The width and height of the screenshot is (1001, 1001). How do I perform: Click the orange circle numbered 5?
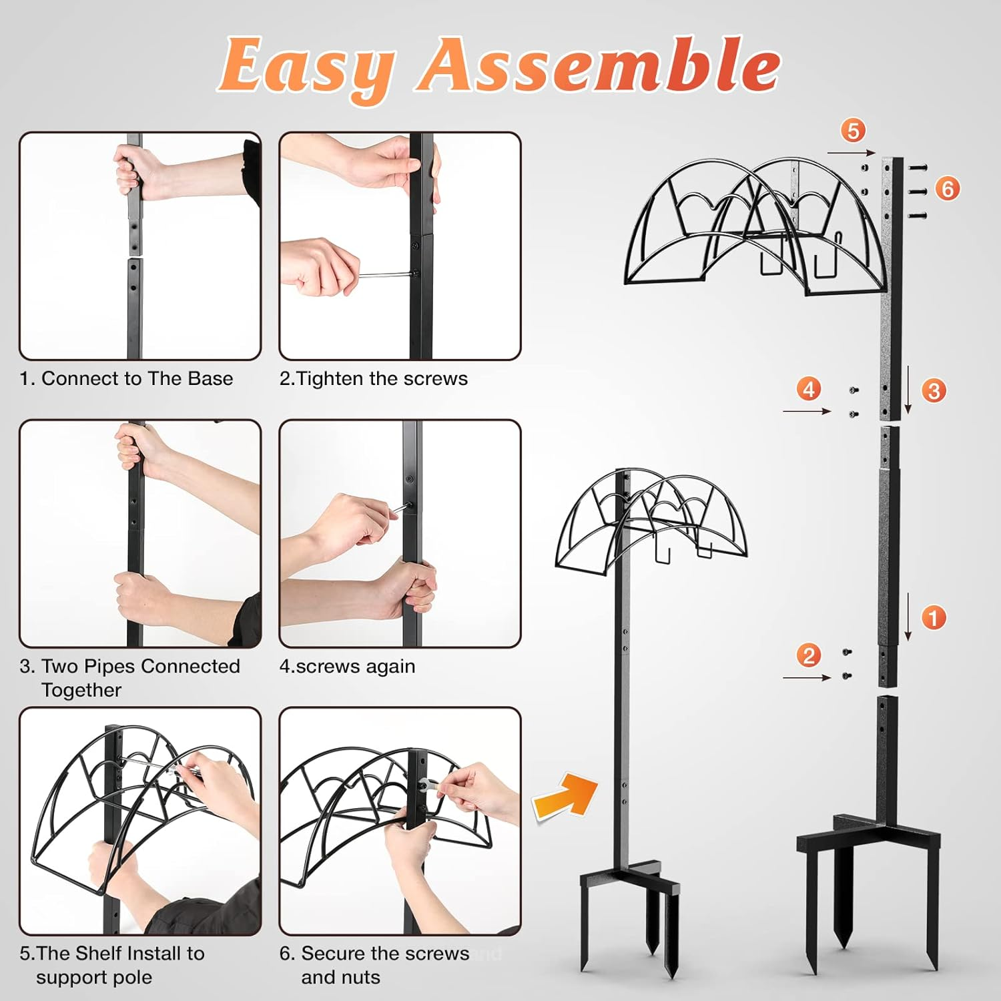click(x=853, y=130)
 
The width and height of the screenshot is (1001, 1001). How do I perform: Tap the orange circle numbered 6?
click(x=948, y=189)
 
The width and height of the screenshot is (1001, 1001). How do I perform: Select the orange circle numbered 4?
click(x=809, y=388)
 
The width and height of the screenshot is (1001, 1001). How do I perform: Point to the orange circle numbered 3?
click(x=934, y=390)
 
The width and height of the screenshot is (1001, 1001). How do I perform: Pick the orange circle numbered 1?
click(x=934, y=617)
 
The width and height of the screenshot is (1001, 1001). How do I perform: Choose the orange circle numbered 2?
click(x=809, y=655)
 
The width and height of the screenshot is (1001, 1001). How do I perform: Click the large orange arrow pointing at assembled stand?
click(x=565, y=795)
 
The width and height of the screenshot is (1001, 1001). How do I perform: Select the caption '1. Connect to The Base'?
click(x=126, y=378)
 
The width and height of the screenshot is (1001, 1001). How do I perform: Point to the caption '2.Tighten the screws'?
click(x=374, y=378)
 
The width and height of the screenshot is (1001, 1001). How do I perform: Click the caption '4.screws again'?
click(x=347, y=666)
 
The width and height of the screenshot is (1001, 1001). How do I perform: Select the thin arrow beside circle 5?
click(x=851, y=153)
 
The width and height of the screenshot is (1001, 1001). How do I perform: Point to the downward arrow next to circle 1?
click(x=908, y=616)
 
